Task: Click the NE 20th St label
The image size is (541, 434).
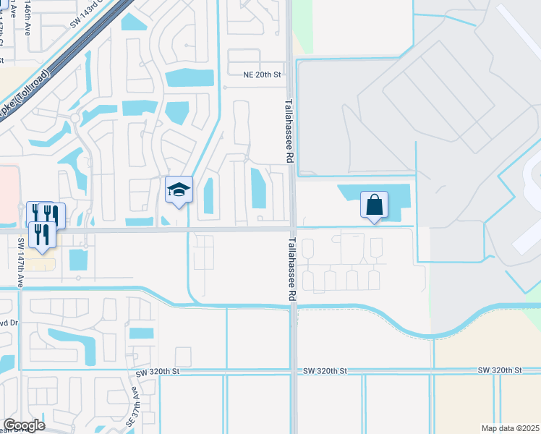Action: point(261,75)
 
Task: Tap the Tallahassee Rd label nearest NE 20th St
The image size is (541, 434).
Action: point(289,130)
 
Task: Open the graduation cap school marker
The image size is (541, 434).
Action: point(179,191)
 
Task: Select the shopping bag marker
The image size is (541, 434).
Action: point(374,205)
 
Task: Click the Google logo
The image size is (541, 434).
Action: point(23,425)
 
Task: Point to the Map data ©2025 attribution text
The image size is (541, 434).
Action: point(510,428)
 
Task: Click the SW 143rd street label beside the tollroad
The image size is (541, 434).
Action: point(93,15)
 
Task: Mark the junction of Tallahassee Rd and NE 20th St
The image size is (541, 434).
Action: point(288,75)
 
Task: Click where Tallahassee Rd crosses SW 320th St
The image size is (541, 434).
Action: point(293,371)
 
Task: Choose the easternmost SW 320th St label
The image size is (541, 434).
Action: point(500,370)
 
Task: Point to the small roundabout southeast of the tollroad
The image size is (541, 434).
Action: point(74,118)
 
